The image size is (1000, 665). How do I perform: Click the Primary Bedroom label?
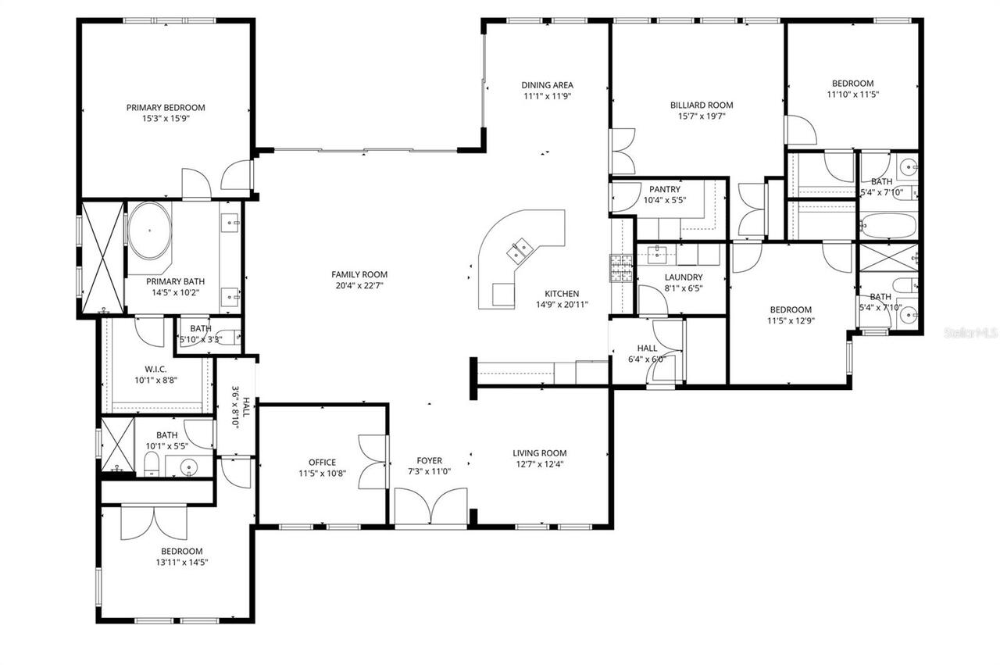click(166, 108)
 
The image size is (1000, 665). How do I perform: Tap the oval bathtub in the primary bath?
click(149, 231)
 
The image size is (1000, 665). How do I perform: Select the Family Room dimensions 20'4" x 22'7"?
click(359, 286)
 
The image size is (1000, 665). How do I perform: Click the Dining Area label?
click(548, 85)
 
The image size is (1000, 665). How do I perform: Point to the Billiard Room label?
click(701, 105)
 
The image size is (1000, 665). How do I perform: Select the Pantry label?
click(664, 189)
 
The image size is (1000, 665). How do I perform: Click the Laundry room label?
click(683, 277)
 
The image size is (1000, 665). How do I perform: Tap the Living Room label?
click(539, 453)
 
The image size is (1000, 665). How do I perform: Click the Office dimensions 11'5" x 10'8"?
click(322, 474)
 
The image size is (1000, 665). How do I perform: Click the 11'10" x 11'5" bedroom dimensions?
click(852, 95)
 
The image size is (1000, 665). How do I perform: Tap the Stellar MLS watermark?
click(971, 333)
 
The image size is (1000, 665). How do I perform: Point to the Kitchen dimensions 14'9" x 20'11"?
click(562, 305)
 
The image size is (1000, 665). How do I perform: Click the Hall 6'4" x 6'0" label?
click(646, 349)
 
